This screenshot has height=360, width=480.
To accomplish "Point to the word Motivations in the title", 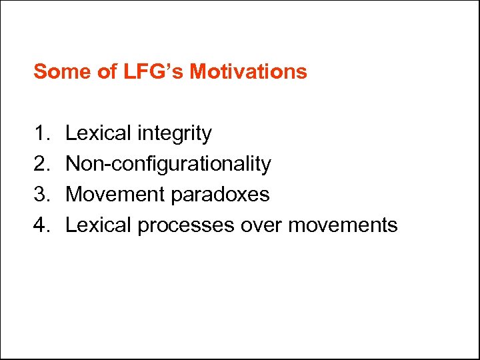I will [248, 71].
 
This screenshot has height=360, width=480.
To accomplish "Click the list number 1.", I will [41, 133].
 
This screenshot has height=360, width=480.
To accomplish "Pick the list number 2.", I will [41, 164].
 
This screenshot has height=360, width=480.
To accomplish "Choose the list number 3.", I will [41, 195].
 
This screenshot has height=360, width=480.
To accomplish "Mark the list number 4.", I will [41, 225].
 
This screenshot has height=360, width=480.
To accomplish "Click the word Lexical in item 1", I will [99, 133].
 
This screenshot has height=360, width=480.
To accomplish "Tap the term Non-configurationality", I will [168, 164].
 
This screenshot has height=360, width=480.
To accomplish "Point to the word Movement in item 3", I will [116, 195].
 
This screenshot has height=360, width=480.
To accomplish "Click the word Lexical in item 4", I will [99, 225].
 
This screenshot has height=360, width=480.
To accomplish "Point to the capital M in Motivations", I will [197, 71].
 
